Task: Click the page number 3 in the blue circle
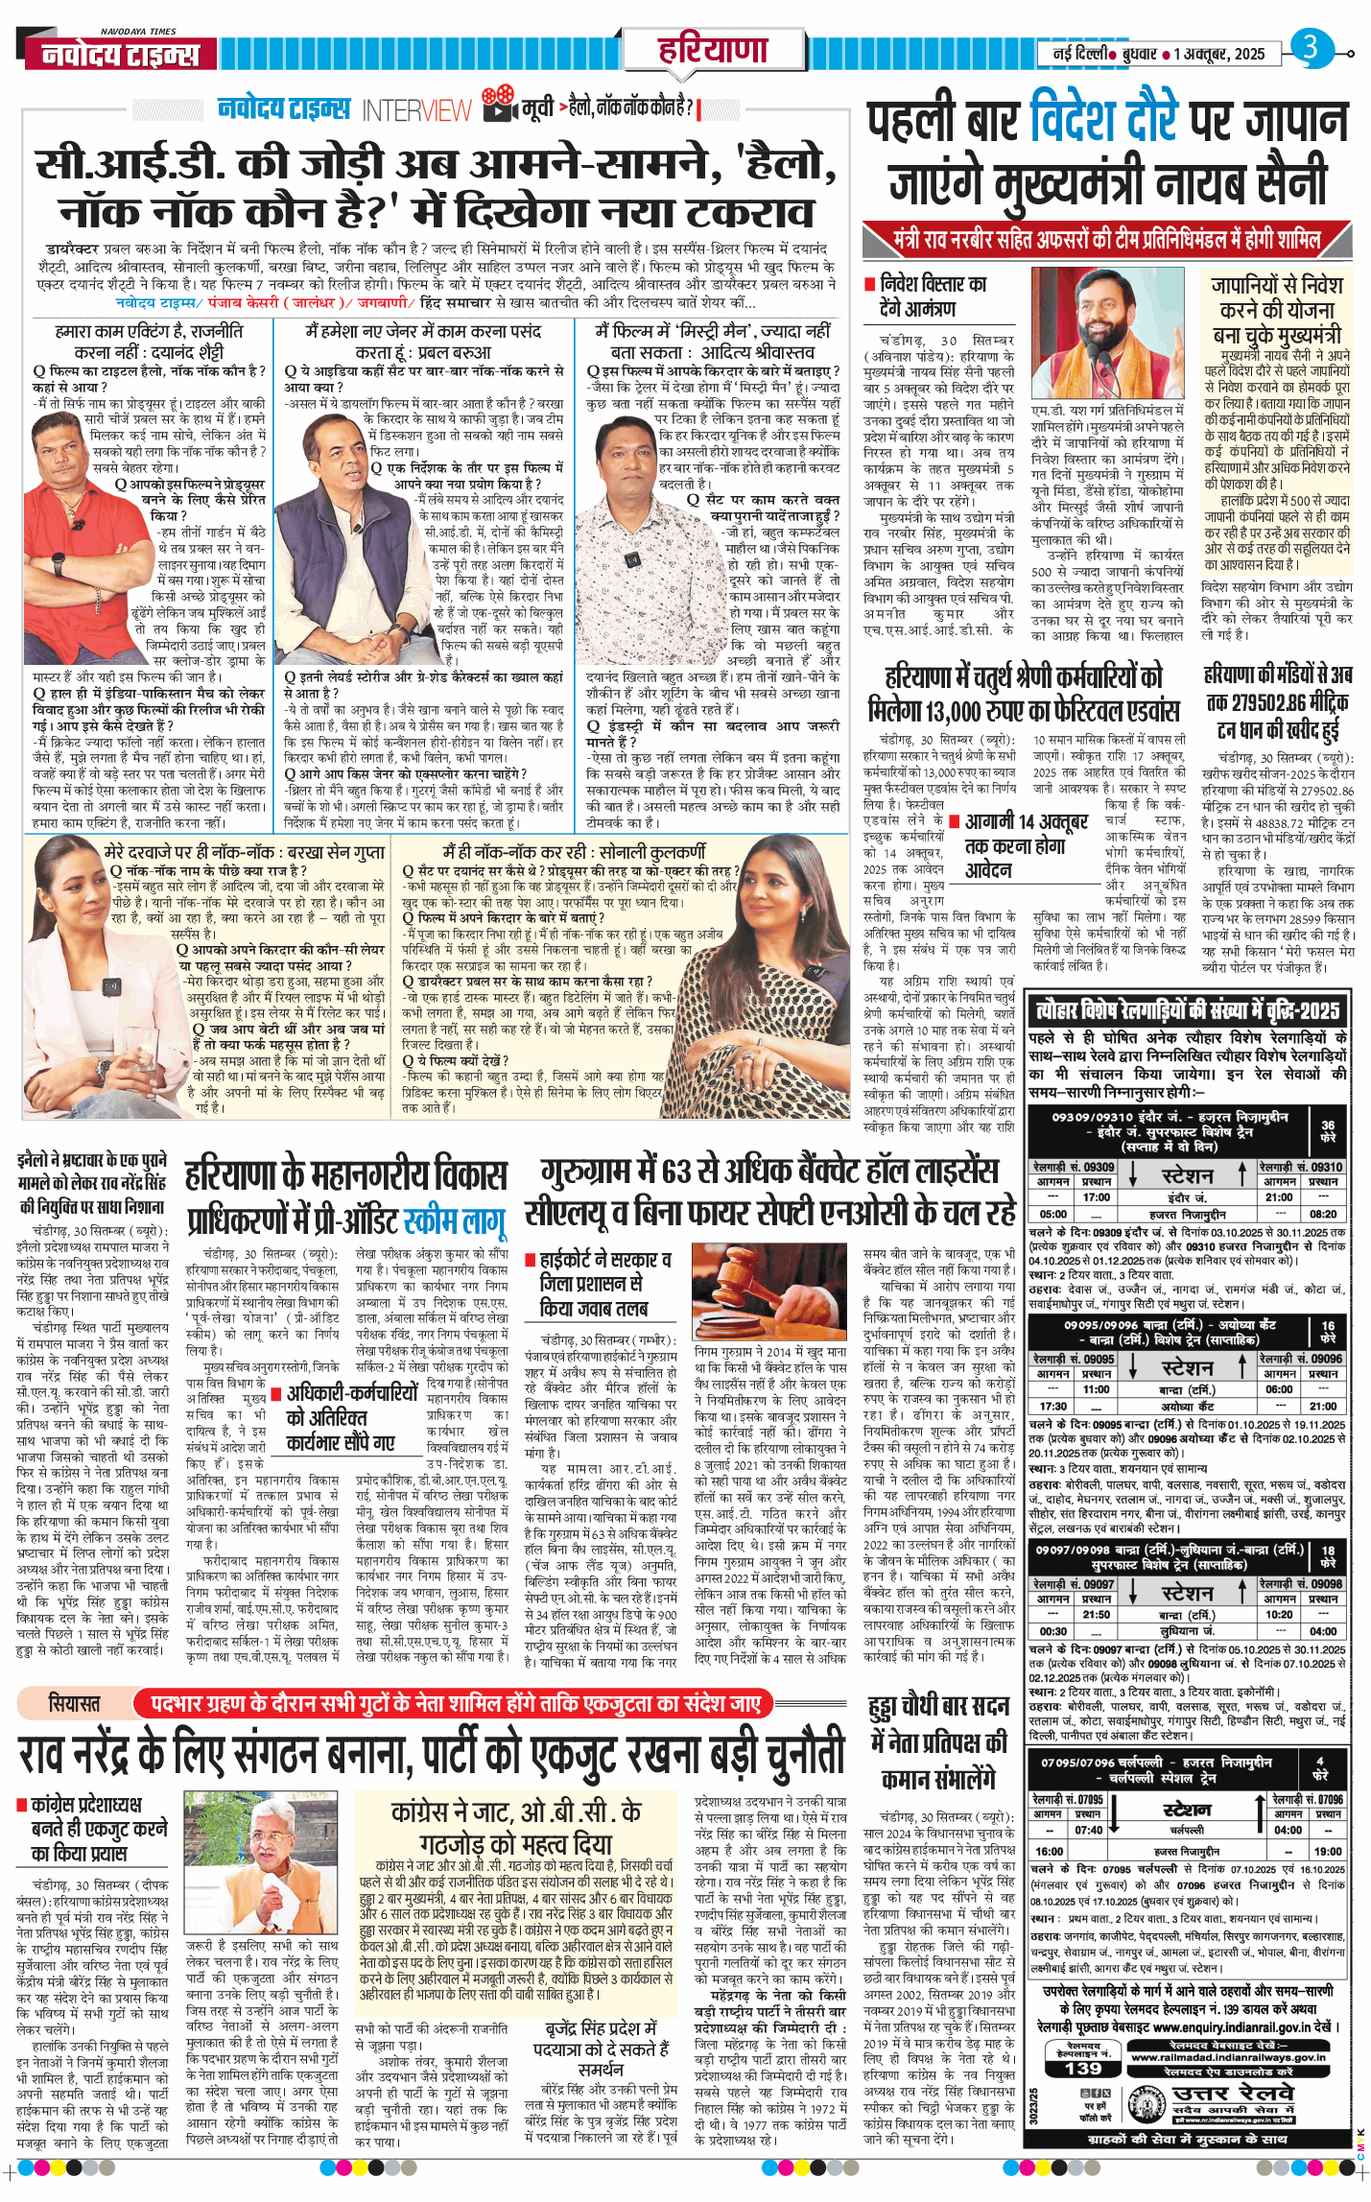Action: coord(1310,47)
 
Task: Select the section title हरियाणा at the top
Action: coord(712,49)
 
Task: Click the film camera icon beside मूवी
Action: coord(498,103)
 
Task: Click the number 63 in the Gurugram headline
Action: coord(675,1172)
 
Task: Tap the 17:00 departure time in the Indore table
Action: coord(1096,1197)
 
